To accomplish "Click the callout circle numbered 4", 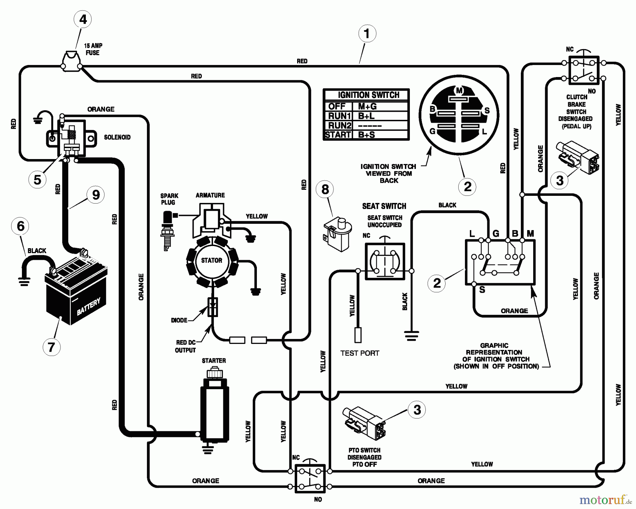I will click(83, 19).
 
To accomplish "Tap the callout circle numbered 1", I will click(367, 34).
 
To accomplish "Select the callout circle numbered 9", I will click(96, 195).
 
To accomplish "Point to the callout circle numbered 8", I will click(325, 189).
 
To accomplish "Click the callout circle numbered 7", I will click(52, 347).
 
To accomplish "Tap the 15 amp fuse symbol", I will click(71, 61).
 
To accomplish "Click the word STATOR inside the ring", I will click(212, 261).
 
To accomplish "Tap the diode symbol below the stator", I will click(213, 306).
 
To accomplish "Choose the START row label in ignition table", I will click(338, 135).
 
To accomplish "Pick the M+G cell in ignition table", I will click(367, 106).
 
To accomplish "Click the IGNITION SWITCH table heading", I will click(368, 95).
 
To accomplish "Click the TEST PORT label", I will click(360, 353).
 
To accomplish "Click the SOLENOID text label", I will click(117, 137).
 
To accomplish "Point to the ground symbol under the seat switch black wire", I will click(412, 335).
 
